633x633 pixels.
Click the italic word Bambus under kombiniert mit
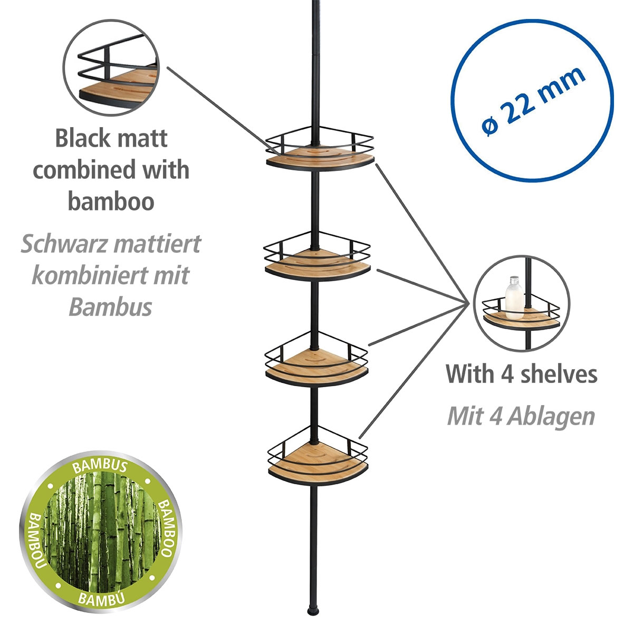110,307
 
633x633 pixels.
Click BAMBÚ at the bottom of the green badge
100,598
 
